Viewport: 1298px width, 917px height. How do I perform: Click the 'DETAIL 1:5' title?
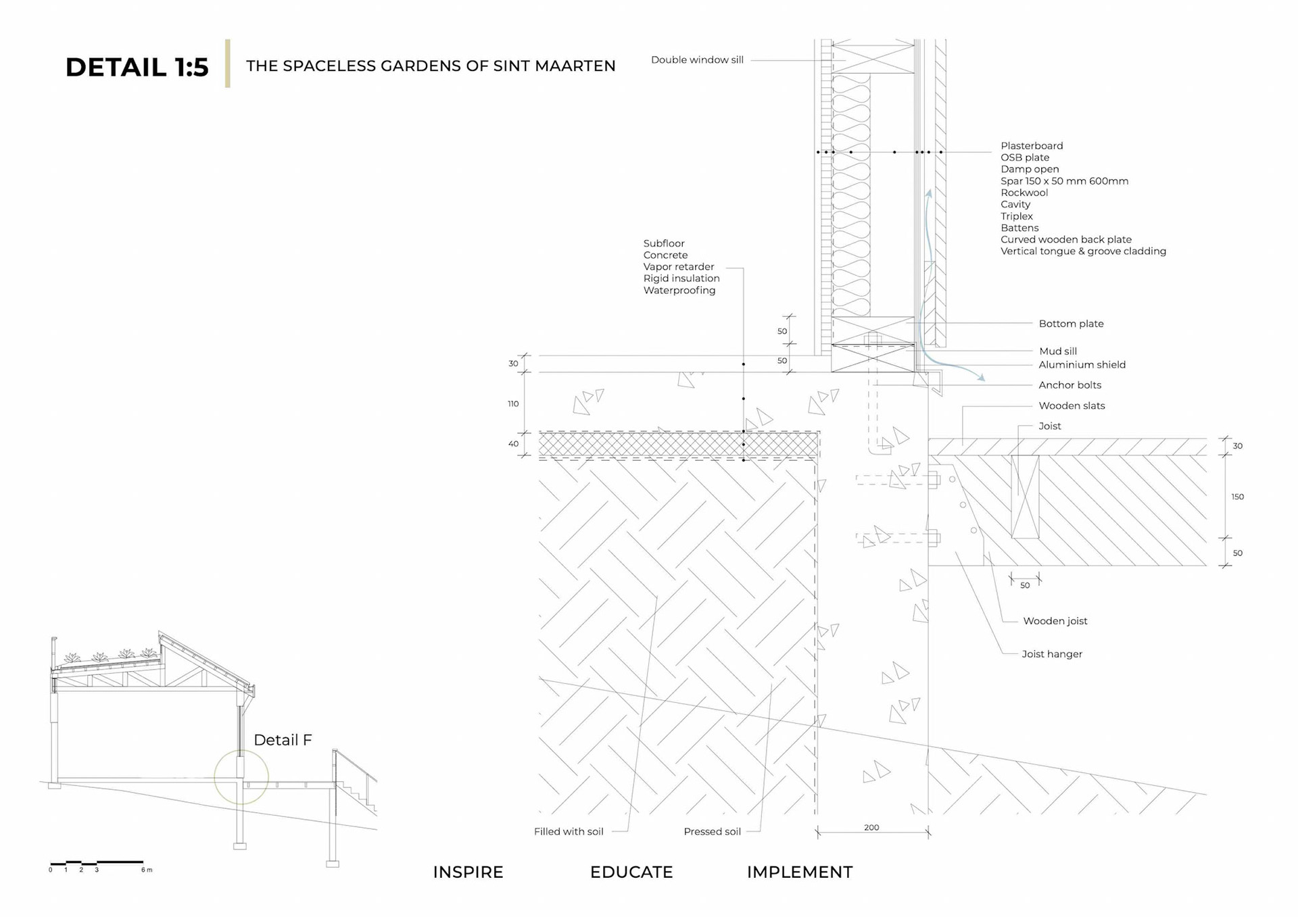pos(137,67)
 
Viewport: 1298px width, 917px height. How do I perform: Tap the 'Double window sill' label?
pos(697,60)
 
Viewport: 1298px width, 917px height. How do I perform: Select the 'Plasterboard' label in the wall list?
pos(1032,146)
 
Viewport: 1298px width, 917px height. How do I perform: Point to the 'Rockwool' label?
pos(1024,193)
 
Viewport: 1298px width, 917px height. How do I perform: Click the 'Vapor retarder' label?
pos(678,267)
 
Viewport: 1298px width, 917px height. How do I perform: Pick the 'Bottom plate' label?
pos(1071,324)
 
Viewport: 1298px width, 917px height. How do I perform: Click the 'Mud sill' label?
pos(1058,351)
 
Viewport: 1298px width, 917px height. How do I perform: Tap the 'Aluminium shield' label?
pos(1082,365)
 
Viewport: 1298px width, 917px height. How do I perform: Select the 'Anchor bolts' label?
pos(1069,385)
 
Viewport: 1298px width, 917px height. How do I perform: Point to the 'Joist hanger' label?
pos(1052,654)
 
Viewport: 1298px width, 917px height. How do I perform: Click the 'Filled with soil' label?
pos(569,832)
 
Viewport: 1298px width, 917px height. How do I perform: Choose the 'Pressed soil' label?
pos(712,832)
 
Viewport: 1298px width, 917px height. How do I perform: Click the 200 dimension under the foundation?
pos(871,828)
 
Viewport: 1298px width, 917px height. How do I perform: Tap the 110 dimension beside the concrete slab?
pos(513,404)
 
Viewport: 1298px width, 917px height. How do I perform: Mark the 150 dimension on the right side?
pos(1237,497)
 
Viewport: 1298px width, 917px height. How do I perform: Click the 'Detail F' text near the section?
pos(283,740)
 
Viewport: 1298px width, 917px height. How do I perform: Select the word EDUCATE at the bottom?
pos(631,872)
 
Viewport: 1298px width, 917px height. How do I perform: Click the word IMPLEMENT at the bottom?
pos(800,872)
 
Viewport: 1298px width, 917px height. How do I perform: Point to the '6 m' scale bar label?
pos(147,870)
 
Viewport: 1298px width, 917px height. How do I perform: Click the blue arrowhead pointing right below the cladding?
pos(981,378)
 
